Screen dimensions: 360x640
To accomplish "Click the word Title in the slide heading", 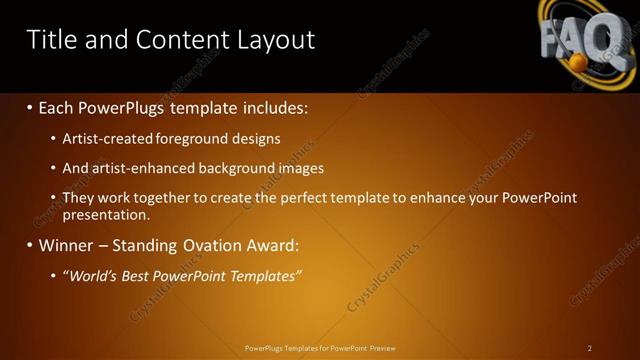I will [x=50, y=39].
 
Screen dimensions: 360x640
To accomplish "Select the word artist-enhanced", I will [x=139, y=168].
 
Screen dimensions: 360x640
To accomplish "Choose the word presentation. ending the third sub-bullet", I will [x=105, y=214].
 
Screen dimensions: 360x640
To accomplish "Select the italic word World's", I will [x=95, y=275].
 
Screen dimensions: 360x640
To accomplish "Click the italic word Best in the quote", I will [x=141, y=275].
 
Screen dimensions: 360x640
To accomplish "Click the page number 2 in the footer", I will [x=590, y=348].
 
